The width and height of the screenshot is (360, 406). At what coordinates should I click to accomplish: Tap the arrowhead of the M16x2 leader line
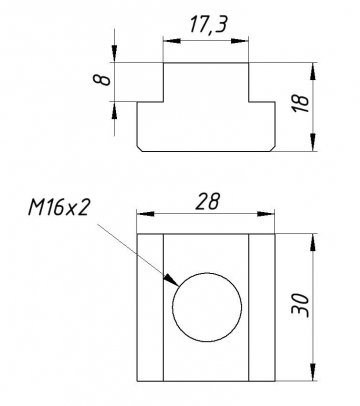[171, 287]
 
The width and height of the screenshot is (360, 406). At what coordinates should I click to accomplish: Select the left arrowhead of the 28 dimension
[141, 215]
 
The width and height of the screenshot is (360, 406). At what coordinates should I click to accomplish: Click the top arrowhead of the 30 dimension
[315, 238]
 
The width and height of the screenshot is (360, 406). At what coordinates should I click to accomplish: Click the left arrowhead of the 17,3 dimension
[167, 43]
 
